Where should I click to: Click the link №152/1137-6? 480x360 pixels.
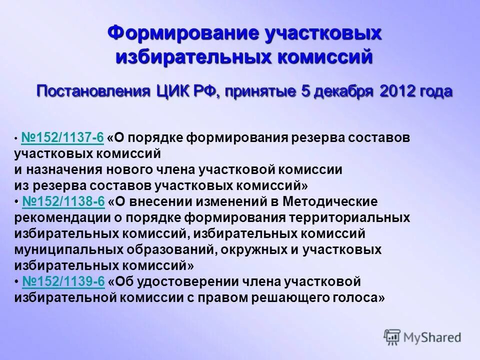(x=62, y=137)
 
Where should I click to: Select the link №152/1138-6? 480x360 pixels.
(x=63, y=201)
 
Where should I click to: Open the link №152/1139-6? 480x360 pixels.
(x=63, y=281)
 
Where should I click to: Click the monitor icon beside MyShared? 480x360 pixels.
(x=392, y=337)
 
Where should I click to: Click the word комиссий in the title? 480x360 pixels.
(x=325, y=56)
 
